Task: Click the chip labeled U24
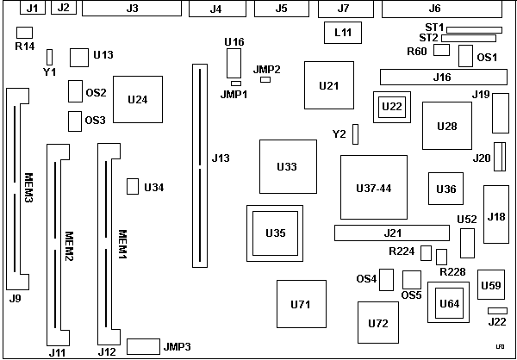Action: [x=137, y=99]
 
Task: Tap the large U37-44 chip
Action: [x=373, y=187]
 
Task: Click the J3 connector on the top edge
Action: [x=132, y=9]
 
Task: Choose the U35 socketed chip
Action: [x=275, y=232]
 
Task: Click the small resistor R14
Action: [x=23, y=32]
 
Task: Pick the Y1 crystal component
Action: [x=50, y=57]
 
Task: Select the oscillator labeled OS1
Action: [x=465, y=56]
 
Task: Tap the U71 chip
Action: [x=300, y=304]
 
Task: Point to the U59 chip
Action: [x=490, y=284]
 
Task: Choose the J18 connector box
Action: [x=495, y=215]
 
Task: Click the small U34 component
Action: [x=133, y=187]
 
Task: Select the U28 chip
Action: [x=447, y=126]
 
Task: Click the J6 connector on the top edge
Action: [x=446, y=9]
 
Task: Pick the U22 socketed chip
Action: [x=391, y=106]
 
